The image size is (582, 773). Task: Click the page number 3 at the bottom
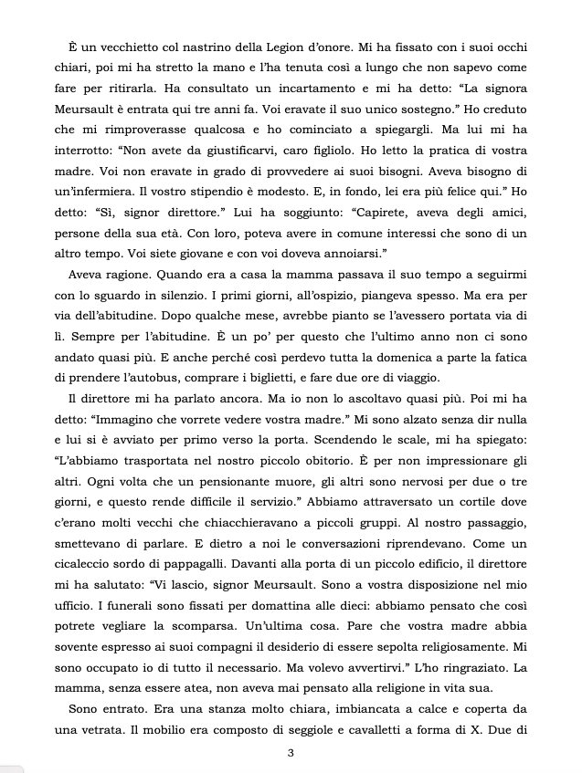click(291, 753)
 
